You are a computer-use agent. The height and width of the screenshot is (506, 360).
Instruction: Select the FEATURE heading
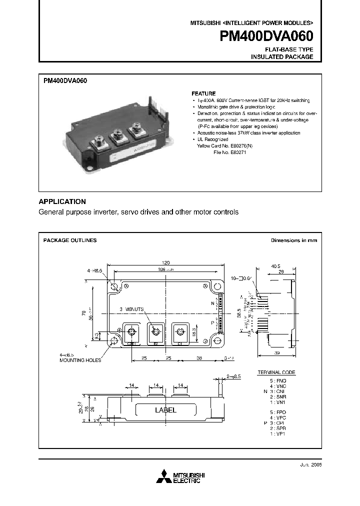(x=203, y=93)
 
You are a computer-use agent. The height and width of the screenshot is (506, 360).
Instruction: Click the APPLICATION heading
(x=62, y=201)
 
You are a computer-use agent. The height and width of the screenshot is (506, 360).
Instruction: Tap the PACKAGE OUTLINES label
(x=70, y=240)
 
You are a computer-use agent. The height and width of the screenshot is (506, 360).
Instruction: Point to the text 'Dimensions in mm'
(x=293, y=240)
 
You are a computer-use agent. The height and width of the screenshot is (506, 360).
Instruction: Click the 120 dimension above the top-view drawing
(x=165, y=262)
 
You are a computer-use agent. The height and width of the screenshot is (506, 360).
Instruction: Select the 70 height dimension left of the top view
(x=83, y=313)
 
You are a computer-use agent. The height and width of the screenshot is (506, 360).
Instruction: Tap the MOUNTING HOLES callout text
(x=80, y=360)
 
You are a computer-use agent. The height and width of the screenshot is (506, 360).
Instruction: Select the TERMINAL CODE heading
(x=276, y=372)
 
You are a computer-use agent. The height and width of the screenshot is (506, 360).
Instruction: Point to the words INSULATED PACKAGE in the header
(x=282, y=57)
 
